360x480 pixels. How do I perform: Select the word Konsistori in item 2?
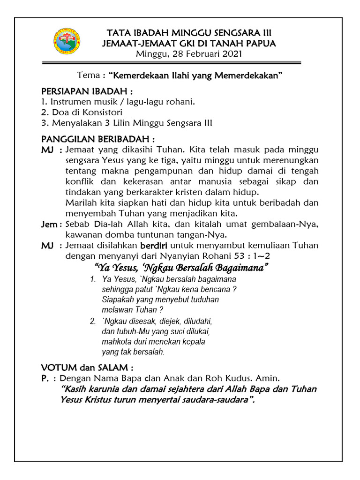coord(103,112)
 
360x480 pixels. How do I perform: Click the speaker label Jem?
coord(49,225)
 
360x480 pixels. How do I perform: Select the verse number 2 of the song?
coord(93,322)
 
